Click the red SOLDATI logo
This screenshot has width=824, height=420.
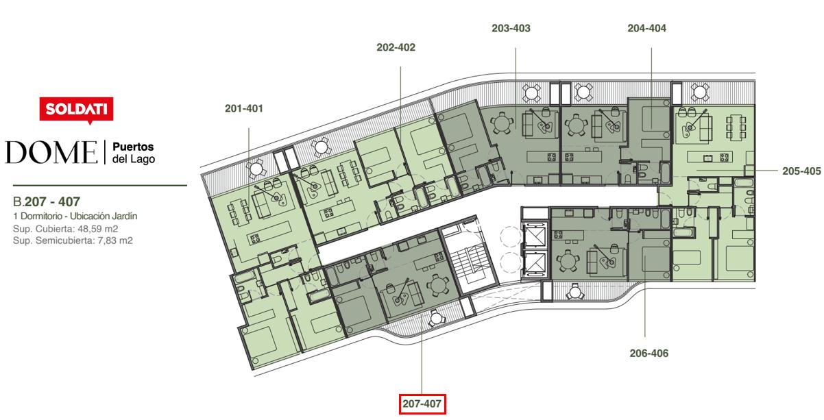(x=77, y=110)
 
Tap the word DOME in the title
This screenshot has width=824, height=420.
(x=51, y=152)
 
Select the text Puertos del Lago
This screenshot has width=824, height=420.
(x=134, y=153)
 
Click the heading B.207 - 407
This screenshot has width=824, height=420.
(x=47, y=201)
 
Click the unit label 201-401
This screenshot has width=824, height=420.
(x=244, y=108)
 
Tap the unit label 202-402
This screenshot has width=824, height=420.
(x=396, y=47)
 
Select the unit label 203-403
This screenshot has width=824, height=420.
(x=511, y=28)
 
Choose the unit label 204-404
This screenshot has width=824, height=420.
(x=646, y=28)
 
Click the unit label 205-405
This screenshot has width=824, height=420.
(x=801, y=171)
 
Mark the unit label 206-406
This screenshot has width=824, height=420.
(x=649, y=353)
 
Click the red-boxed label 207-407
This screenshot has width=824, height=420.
(x=422, y=404)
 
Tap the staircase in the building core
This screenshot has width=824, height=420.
(x=472, y=262)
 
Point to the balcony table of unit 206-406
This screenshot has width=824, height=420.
(x=574, y=293)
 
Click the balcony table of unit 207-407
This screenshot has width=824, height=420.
(x=436, y=318)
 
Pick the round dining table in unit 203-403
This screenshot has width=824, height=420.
(x=501, y=123)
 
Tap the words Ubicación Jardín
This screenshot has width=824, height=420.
(x=104, y=216)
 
